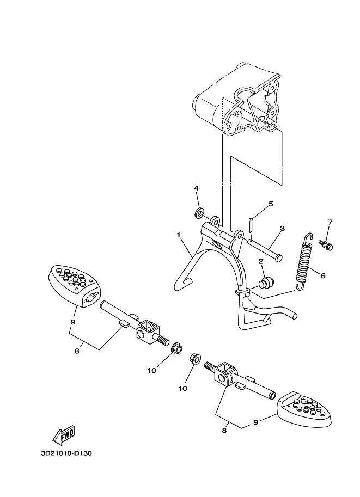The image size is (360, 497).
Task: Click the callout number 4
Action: (196, 188)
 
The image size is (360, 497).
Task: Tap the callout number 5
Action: (271, 204)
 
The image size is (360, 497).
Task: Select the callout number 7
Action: (330, 222)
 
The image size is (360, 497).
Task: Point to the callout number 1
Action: (179, 235)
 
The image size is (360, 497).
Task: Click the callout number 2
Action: (261, 261)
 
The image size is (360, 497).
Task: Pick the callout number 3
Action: (282, 228)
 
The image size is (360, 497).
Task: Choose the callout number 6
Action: (323, 276)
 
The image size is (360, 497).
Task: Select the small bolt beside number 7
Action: (326, 245)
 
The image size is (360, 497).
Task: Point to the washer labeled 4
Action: (199, 213)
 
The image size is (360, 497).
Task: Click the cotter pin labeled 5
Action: (251, 224)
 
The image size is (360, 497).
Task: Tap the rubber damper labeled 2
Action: (266, 282)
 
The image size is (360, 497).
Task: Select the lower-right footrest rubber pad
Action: (304, 409)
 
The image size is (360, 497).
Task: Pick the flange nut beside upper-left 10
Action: (176, 348)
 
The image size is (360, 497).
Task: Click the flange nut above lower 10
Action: (195, 359)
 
